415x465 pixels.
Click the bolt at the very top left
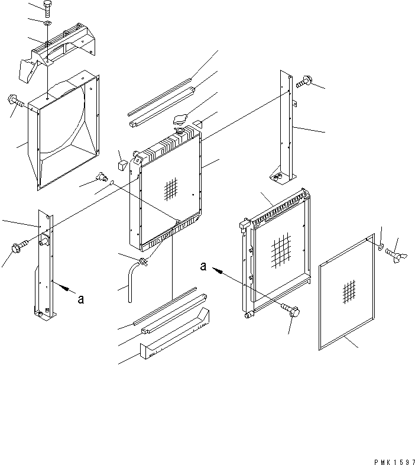pos(48,9)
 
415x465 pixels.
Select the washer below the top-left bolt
pos(47,23)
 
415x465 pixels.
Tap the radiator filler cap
pos(179,120)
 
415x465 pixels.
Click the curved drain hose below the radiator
pos(132,281)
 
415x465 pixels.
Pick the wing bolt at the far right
pos(396,255)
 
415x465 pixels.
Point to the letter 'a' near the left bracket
pos(80,299)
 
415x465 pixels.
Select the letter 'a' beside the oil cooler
pos(203,266)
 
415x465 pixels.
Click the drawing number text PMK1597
pos(394,462)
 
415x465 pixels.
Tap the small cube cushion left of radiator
pos(122,164)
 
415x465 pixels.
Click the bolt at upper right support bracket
pos(303,81)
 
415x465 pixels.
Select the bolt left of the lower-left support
pos(20,247)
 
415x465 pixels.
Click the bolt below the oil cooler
pos(290,309)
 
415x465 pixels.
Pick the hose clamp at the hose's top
pos(144,262)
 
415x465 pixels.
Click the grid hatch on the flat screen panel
pos(349,292)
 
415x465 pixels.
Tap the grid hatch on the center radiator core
pos(171,189)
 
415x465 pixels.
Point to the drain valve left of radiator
pos(102,177)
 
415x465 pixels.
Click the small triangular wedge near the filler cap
pos(197,124)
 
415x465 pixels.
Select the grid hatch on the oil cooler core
pos(281,251)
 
